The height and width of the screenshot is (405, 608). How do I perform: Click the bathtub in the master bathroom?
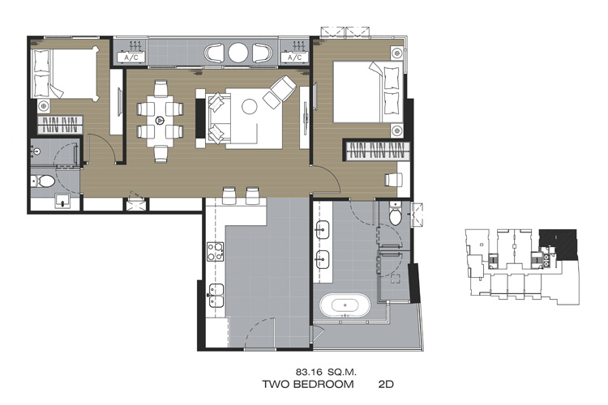click(x=345, y=305)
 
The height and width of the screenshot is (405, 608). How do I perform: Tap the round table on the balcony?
click(x=238, y=53)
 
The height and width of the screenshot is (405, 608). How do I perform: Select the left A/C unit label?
click(x=131, y=58)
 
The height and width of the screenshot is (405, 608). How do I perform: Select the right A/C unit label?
click(x=295, y=58)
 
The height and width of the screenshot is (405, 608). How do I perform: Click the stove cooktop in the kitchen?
click(x=215, y=251)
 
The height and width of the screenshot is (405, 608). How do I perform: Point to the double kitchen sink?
click(x=216, y=296)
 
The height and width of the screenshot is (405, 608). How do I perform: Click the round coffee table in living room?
click(x=250, y=106)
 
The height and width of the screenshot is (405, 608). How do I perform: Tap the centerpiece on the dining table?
click(x=160, y=121)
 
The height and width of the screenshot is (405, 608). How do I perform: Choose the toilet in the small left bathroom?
click(x=43, y=181)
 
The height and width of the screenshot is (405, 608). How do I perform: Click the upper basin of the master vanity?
click(x=322, y=229)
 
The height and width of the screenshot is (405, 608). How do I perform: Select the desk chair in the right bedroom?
click(x=393, y=180)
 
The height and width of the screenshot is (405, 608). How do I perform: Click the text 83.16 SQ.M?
click(x=326, y=372)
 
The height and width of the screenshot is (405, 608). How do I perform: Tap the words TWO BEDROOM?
click(x=308, y=384)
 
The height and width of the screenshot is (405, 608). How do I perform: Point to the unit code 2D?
click(x=386, y=384)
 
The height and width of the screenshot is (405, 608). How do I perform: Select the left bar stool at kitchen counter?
click(x=229, y=195)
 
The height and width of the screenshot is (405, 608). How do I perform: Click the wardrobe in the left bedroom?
click(x=60, y=125)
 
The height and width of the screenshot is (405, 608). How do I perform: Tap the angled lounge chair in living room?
click(x=280, y=91)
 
